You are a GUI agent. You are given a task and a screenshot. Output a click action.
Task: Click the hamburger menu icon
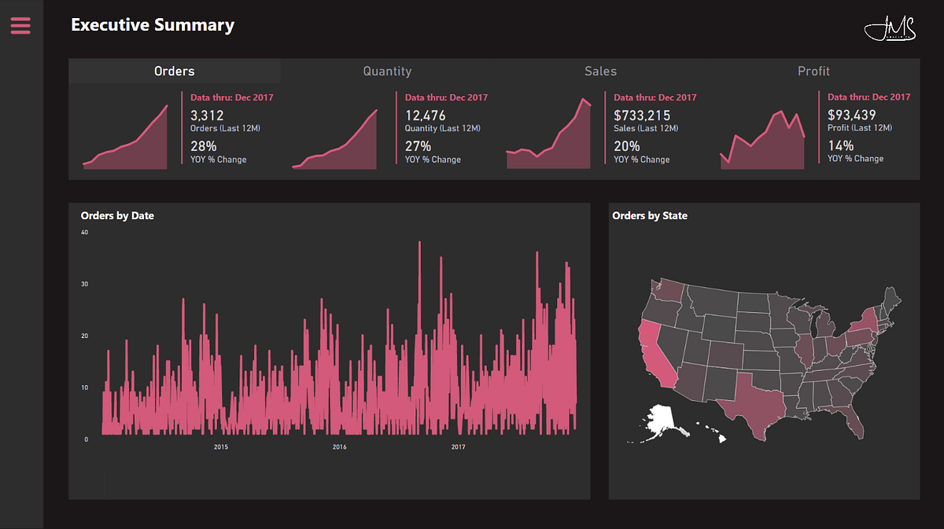point(20,26)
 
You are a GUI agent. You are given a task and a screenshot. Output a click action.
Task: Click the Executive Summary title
point(153,25)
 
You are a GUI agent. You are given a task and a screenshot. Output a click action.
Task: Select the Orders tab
point(174,71)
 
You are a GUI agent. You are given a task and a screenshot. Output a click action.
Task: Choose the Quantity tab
point(387,71)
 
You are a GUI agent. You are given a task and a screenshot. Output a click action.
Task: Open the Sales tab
point(600,71)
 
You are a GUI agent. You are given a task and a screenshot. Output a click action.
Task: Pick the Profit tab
point(813,71)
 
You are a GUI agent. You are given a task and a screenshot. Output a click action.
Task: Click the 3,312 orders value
point(207,116)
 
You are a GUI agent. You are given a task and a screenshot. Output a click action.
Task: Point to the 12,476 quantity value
point(425,116)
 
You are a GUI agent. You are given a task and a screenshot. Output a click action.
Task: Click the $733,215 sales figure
point(642,116)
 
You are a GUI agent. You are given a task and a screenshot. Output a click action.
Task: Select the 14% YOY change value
point(840,145)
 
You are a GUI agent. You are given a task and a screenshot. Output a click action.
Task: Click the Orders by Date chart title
point(117,215)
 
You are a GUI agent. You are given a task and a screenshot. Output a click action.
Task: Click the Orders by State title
point(650,215)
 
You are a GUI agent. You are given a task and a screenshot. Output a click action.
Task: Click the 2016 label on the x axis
point(339,447)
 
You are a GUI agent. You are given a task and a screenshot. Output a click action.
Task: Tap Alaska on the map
point(661,424)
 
